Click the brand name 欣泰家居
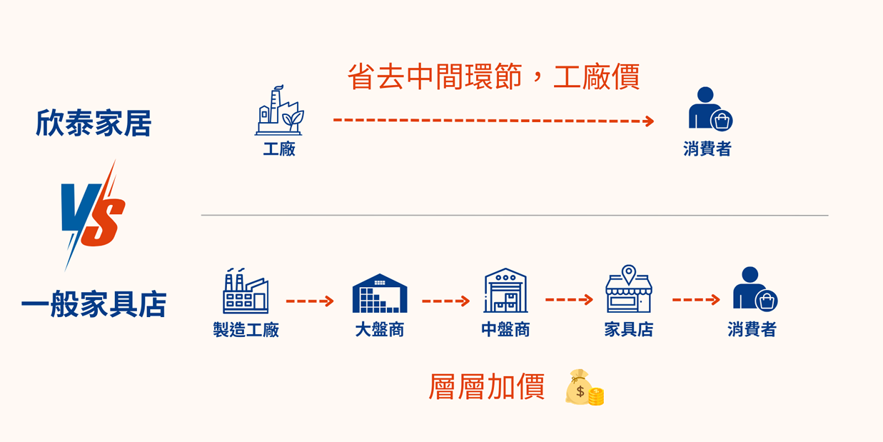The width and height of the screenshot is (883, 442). (x=94, y=123)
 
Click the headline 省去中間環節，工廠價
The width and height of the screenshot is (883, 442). (x=493, y=76)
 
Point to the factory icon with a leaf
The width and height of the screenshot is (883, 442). (x=278, y=112)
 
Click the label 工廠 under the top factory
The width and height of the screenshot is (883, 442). (x=278, y=149)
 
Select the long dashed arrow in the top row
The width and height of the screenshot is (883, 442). (x=493, y=121)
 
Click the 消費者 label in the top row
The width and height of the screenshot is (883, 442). (x=707, y=149)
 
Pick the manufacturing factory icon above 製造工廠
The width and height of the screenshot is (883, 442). (x=246, y=291)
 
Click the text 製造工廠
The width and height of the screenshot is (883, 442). (x=246, y=330)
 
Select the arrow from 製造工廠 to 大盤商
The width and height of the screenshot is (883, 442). (x=310, y=301)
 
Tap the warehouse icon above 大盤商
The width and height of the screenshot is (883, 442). (x=380, y=293)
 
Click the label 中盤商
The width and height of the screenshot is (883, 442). (x=505, y=330)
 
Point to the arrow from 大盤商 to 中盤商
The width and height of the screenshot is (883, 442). (x=445, y=301)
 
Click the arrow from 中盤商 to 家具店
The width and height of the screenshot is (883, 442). (x=569, y=300)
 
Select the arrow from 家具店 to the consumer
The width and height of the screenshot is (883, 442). (x=695, y=300)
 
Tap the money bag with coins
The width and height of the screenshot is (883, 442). (x=585, y=388)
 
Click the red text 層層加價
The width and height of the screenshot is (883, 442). (x=486, y=387)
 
